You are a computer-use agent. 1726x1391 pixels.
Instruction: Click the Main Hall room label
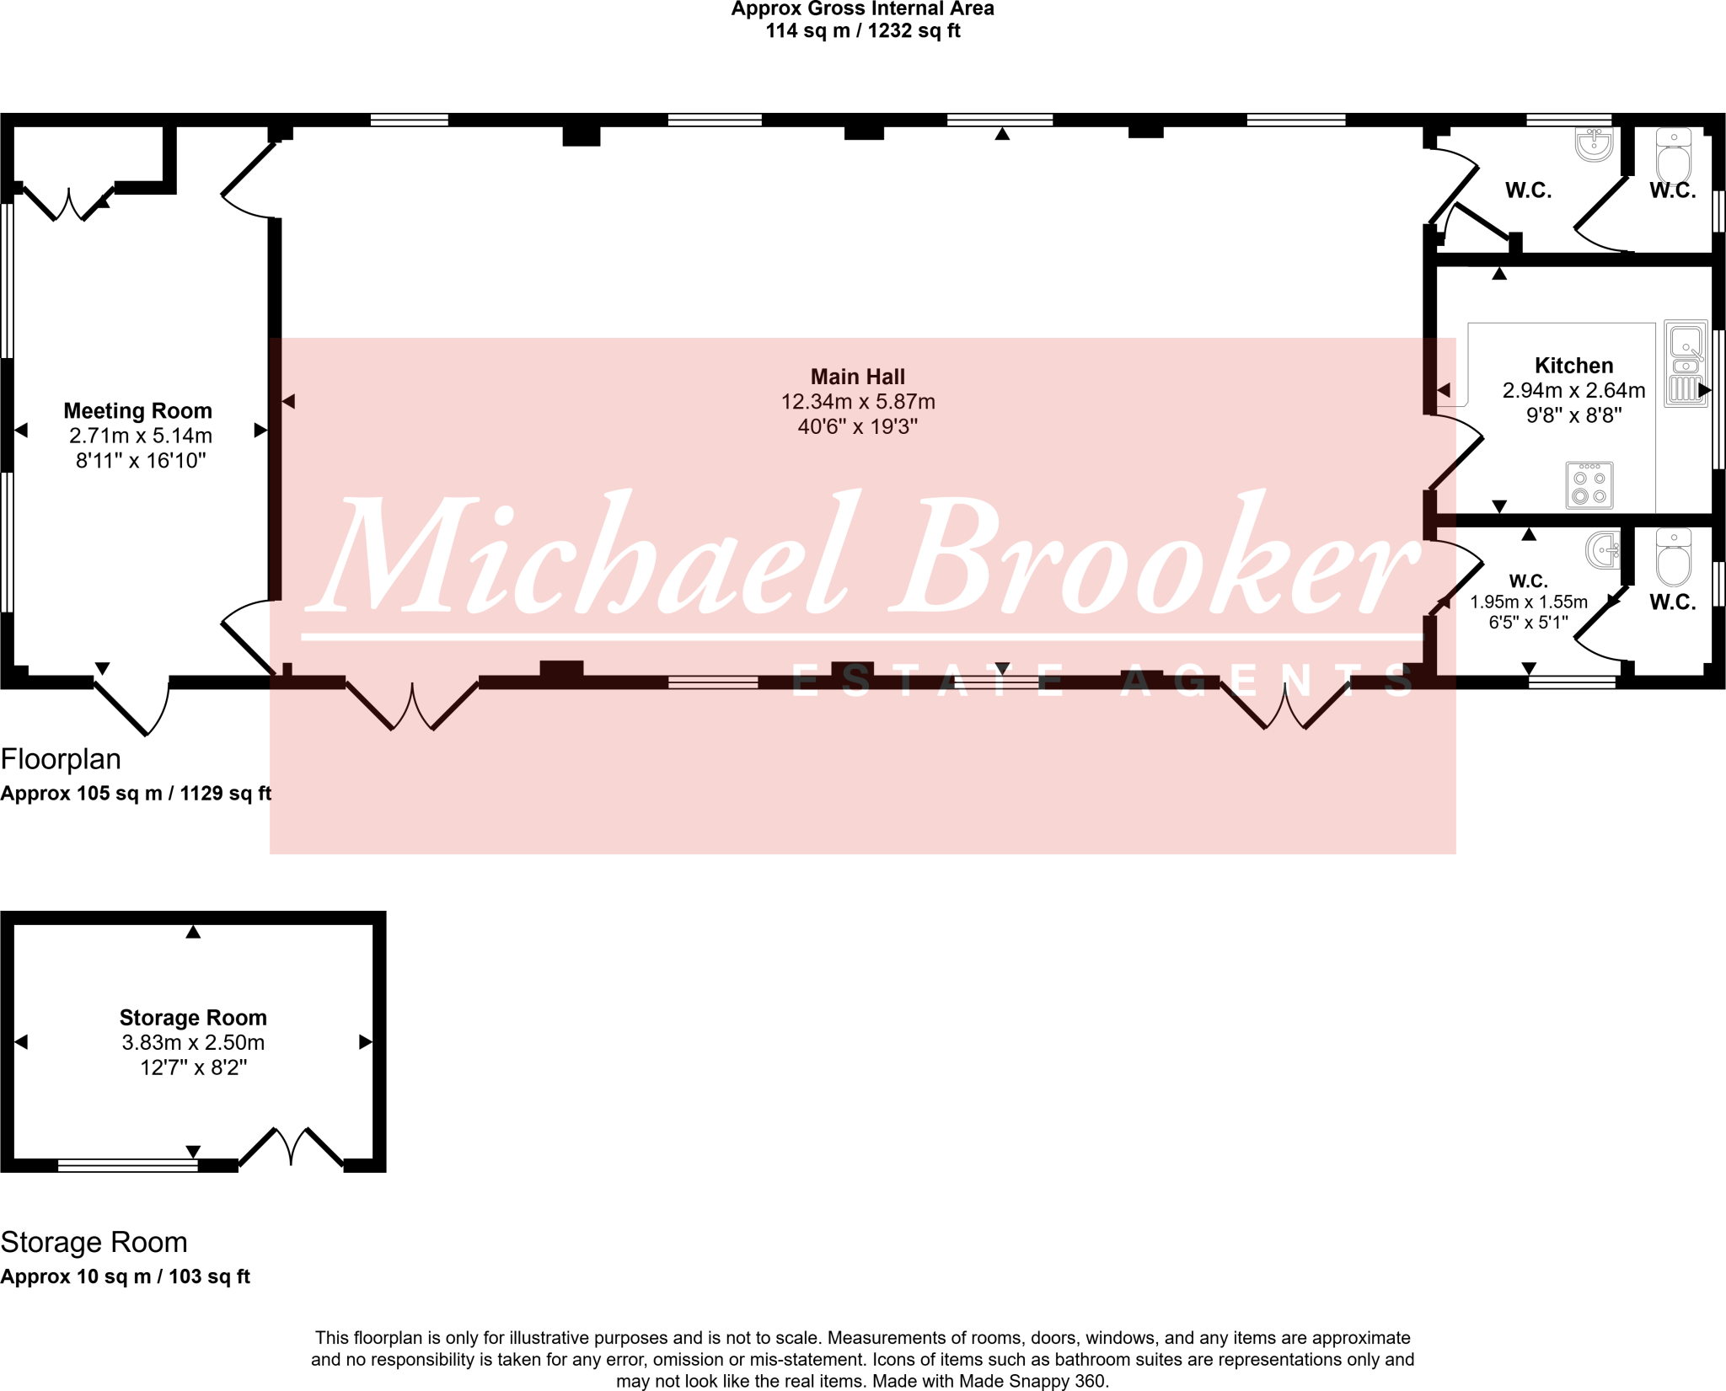pyautogui.click(x=857, y=377)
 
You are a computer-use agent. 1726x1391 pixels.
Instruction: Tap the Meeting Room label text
pyautogui.click(x=138, y=411)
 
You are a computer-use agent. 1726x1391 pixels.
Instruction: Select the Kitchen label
pyautogui.click(x=1573, y=366)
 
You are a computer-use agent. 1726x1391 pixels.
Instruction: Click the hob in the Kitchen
pyautogui.click(x=1589, y=485)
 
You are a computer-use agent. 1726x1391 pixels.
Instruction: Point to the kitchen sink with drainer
pyautogui.click(x=1686, y=364)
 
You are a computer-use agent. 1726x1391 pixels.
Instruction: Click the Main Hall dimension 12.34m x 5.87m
pyautogui.click(x=857, y=402)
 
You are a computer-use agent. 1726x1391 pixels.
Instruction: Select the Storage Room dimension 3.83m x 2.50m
pyautogui.click(x=193, y=1043)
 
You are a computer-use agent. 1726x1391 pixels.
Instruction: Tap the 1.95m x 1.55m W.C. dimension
pyautogui.click(x=1528, y=602)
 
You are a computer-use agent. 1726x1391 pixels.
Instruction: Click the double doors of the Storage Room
pyautogui.click(x=292, y=1148)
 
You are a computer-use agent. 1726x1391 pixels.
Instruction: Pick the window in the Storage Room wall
pyautogui.click(x=127, y=1165)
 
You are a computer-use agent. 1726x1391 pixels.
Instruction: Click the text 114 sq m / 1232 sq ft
pyautogui.click(x=862, y=31)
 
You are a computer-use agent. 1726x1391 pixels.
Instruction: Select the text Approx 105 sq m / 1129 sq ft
pyautogui.click(x=136, y=794)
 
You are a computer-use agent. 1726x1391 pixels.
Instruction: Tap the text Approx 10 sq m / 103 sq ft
pyautogui.click(x=125, y=1276)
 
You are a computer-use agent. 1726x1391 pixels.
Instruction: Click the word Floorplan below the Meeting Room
pyautogui.click(x=61, y=759)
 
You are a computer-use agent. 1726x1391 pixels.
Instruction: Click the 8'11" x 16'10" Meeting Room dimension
pyautogui.click(x=141, y=461)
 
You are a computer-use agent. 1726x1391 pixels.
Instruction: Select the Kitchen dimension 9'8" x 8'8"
pyautogui.click(x=1573, y=415)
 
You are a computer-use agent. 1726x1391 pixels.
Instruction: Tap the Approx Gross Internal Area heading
pyautogui.click(x=862, y=9)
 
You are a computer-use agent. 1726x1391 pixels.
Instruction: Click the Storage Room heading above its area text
pyautogui.click(x=94, y=1243)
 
